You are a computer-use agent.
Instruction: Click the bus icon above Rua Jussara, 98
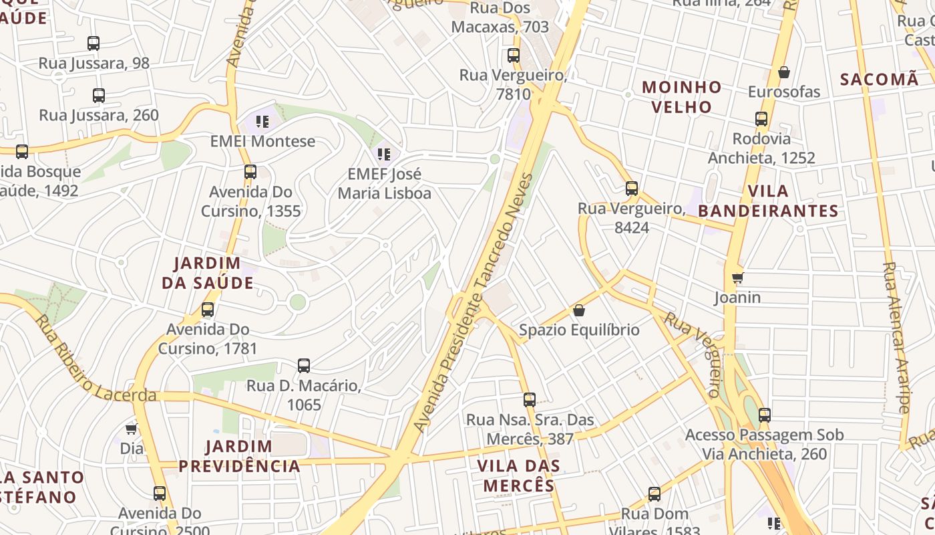point(93,43)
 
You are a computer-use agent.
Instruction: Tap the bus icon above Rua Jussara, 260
point(99,96)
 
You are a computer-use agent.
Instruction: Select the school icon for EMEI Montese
point(262,122)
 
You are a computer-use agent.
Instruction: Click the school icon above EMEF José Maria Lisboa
point(384,154)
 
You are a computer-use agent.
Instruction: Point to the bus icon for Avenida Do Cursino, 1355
point(250,172)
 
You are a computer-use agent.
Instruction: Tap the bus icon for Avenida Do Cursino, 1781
point(208,310)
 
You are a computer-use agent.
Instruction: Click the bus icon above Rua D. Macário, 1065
point(304,366)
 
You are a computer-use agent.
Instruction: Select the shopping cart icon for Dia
point(132,429)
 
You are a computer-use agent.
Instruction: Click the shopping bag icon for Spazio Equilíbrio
point(579,310)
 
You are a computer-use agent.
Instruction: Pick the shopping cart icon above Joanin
point(737,278)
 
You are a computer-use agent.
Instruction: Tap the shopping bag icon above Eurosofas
point(784,72)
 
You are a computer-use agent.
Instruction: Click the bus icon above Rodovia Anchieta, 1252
point(761,119)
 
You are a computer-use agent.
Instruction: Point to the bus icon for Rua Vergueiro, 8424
point(632,189)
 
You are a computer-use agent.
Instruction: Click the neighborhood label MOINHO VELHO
point(681,97)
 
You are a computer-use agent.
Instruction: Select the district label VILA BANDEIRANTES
point(768,201)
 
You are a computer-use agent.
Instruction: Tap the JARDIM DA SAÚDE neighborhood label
point(208,273)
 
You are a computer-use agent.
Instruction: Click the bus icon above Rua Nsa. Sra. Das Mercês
point(530,400)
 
